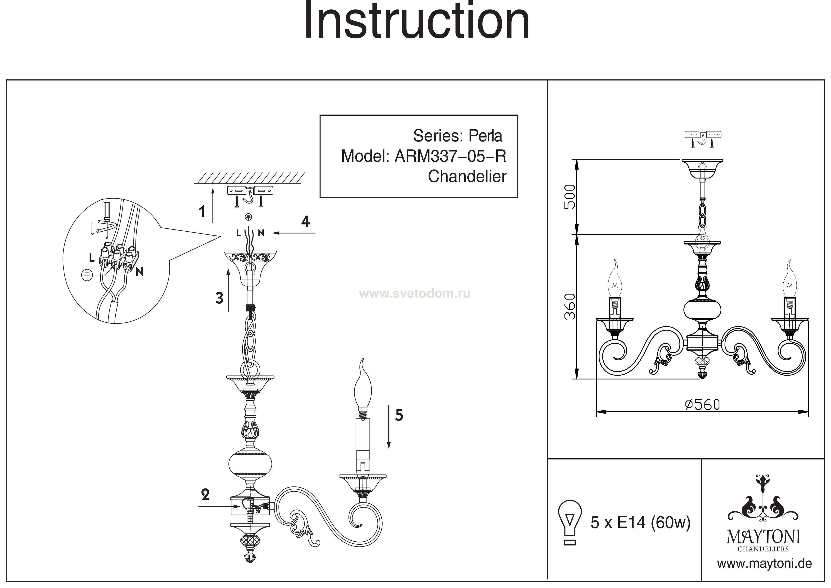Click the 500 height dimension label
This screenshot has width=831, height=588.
pos(570,197)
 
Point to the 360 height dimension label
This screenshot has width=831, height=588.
pos(570,306)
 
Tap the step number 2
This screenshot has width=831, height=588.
pos(205,495)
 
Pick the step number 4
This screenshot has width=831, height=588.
pos(306,221)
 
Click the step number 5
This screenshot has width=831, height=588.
pos(399,415)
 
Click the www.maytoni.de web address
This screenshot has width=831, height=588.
pos(764,564)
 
